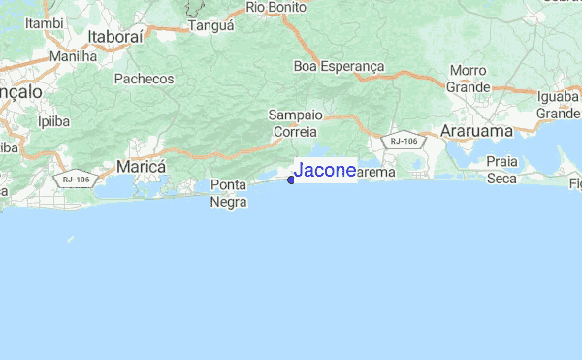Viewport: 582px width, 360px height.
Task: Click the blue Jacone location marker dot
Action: [291, 178]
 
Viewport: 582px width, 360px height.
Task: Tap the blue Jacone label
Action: [325, 171]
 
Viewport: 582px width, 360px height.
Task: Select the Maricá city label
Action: [141, 167]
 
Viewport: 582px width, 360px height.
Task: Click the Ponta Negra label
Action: [231, 194]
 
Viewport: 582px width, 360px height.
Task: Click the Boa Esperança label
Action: [339, 66]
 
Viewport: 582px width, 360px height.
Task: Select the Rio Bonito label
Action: [276, 7]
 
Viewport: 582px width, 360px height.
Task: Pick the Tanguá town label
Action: [210, 26]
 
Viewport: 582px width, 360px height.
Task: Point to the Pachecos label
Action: [144, 79]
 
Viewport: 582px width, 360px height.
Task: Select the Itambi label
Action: [46, 21]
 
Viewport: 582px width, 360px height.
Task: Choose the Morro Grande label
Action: [468, 79]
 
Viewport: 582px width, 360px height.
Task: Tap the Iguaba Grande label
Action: [558, 105]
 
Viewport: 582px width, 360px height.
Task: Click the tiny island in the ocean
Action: [70, 239]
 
